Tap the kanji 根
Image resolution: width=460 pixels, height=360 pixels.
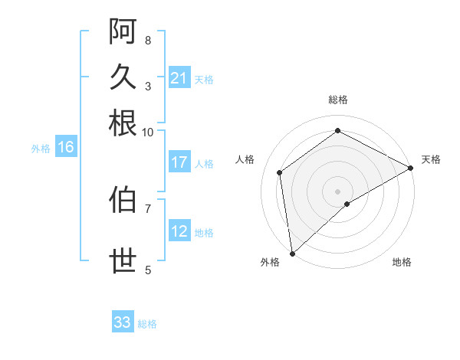pyautogui.click(x=123, y=123)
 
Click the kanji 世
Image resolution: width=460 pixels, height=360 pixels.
pyautogui.click(x=123, y=260)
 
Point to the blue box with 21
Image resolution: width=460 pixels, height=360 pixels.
pyautogui.click(x=179, y=78)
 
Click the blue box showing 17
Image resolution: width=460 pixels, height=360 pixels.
pyautogui.click(x=179, y=162)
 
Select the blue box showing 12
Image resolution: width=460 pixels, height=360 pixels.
pyautogui.click(x=179, y=231)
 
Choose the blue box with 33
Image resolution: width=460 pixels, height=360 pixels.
pyautogui.click(x=123, y=322)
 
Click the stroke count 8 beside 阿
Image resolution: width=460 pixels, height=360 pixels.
pyautogui.click(x=148, y=40)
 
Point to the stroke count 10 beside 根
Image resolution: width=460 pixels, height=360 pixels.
pyautogui.click(x=148, y=132)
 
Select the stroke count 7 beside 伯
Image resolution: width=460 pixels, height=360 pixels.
pyautogui.click(x=148, y=208)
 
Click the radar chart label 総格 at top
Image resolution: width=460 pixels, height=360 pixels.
pyautogui.click(x=338, y=100)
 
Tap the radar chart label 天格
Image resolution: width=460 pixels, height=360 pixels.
pyautogui.click(x=431, y=159)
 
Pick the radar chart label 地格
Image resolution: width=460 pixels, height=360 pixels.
pyautogui.click(x=402, y=262)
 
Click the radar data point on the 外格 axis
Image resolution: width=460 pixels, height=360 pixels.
pyautogui.click(x=292, y=254)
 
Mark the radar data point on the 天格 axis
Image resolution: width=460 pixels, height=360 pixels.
pyautogui.click(x=411, y=168)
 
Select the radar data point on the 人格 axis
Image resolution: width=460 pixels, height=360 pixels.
pyautogui.click(x=280, y=172)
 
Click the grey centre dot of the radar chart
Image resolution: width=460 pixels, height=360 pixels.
pyautogui.click(x=338, y=191)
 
